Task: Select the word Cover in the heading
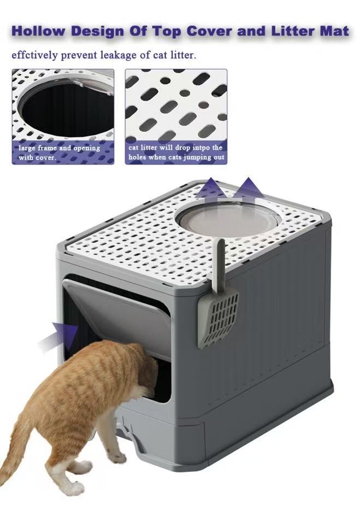210,31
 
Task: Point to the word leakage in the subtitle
119,55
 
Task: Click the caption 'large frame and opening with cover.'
59,152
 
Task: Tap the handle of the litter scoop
219,264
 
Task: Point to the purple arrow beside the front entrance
60,336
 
